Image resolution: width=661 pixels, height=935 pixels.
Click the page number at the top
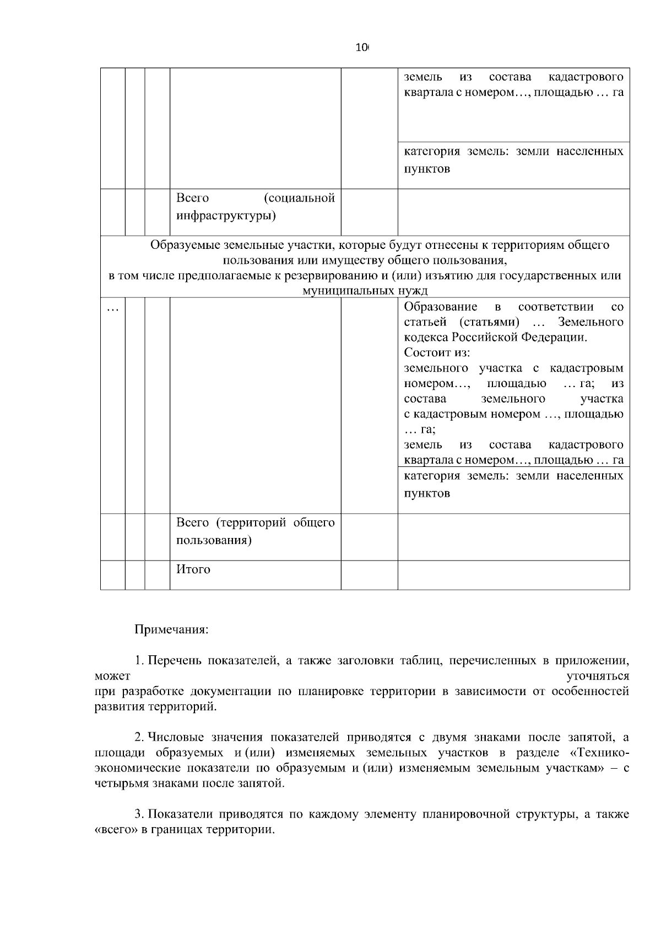click(362, 48)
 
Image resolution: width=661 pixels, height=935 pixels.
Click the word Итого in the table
click(193, 569)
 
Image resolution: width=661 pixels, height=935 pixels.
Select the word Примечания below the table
click(171, 629)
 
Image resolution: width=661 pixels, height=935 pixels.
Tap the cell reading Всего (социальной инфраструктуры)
click(255, 206)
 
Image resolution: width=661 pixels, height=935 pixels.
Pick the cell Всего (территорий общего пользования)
click(255, 531)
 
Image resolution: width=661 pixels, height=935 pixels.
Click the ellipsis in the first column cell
click(112, 309)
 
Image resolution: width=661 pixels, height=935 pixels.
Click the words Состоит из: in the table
click(437, 353)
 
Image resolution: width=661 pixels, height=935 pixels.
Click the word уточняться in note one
click(598, 676)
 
